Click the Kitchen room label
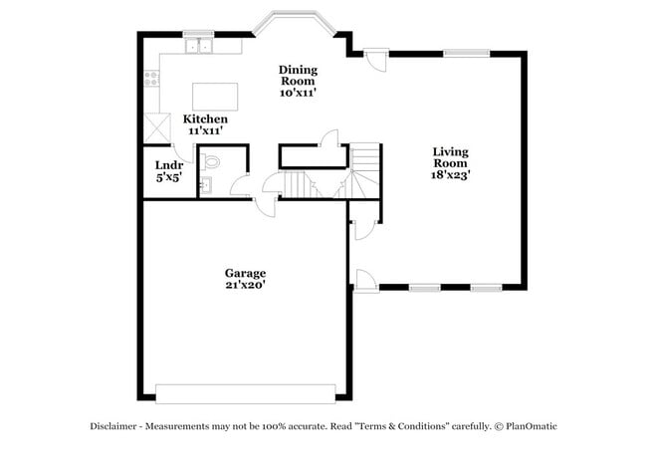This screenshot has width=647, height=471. coord(204,119)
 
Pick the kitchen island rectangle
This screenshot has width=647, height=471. coord(215,96)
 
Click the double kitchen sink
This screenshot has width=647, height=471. coord(200,45)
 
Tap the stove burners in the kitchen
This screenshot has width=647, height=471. coord(151,77)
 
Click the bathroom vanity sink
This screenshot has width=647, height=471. coord(204,184)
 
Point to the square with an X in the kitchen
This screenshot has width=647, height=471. coord(154,127)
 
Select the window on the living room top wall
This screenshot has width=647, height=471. coord(464,53)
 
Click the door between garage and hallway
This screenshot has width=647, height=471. coord(266,203)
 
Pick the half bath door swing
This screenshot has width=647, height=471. coord(240,185)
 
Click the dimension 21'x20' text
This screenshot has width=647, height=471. coord(244,285)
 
